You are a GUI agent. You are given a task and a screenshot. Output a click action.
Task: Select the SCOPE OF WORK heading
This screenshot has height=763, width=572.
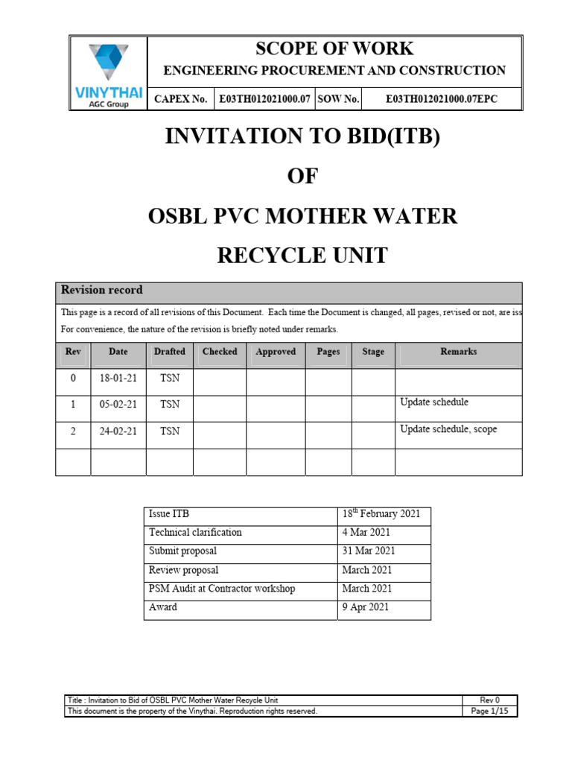[x=334, y=49]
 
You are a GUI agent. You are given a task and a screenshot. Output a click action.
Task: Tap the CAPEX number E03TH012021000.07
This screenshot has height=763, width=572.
[x=264, y=99]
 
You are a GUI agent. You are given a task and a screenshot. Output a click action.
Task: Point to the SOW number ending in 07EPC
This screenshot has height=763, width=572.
[x=442, y=99]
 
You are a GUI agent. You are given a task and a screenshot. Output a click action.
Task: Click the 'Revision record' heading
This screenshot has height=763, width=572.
[x=102, y=291]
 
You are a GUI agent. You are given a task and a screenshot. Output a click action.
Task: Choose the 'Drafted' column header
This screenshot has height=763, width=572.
[x=170, y=352]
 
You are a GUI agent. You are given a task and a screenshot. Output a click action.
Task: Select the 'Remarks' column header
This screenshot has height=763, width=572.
[x=458, y=352]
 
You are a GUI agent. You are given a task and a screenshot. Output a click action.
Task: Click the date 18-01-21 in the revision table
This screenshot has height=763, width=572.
[x=118, y=379]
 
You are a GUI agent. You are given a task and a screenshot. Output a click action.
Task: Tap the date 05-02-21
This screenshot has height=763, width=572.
[x=118, y=405]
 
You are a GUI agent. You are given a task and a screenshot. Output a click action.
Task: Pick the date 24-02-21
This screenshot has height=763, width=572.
[x=118, y=431]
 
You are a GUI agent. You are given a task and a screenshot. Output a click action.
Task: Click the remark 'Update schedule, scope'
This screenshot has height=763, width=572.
[x=448, y=429]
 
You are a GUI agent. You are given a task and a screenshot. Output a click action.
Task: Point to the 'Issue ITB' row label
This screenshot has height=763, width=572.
[x=169, y=514]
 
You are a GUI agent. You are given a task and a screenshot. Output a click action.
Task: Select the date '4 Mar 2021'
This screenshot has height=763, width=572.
[x=366, y=533]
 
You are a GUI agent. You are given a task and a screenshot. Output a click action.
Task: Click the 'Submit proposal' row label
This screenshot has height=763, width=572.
[x=182, y=551]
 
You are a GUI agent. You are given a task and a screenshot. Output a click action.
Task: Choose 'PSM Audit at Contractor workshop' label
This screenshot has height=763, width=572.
[x=222, y=589]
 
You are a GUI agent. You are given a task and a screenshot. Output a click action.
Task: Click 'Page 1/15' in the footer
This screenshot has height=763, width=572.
[x=489, y=712]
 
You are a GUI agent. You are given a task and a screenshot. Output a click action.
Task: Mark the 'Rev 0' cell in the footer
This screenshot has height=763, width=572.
[x=489, y=700]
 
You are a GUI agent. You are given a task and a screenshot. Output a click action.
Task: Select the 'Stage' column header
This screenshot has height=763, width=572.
[x=373, y=352]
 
